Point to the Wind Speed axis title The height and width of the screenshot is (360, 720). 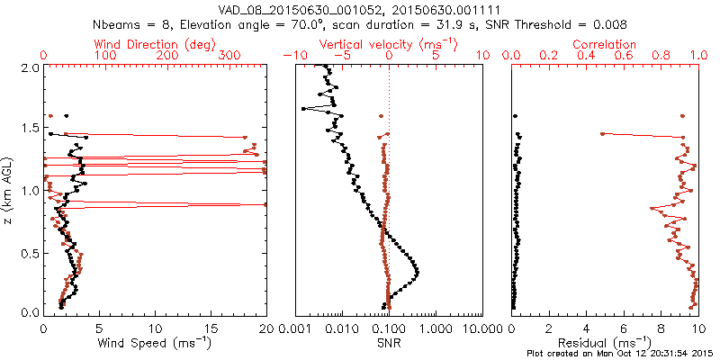(x=156, y=343)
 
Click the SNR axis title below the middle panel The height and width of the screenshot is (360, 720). (x=388, y=343)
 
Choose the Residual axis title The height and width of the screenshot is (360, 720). (x=605, y=343)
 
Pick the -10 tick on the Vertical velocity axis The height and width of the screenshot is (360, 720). (x=290, y=55)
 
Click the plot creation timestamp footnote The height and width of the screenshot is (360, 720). (x=620, y=354)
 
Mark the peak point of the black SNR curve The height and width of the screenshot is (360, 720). (x=418, y=272)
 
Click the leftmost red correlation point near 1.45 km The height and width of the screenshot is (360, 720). (x=601, y=134)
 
